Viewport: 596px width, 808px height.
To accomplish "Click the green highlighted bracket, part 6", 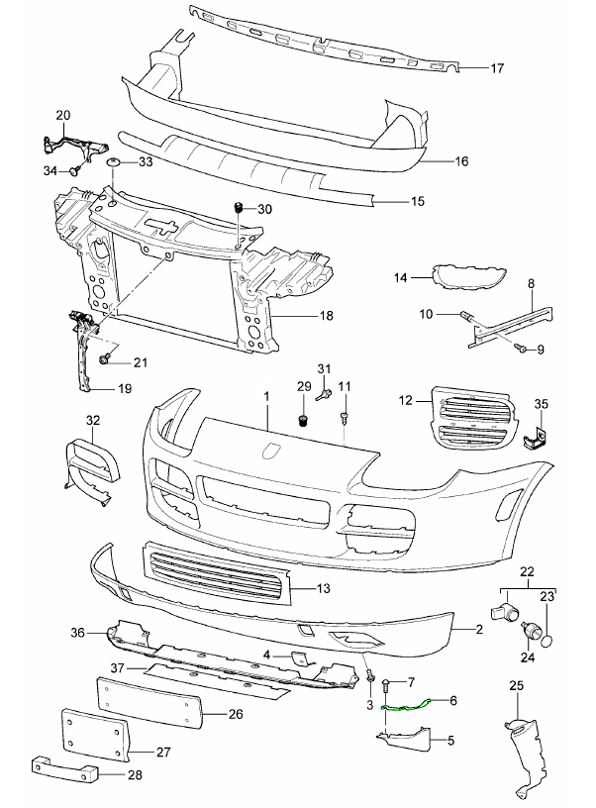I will [x=406, y=705].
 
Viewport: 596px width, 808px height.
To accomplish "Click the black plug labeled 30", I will [x=238, y=208].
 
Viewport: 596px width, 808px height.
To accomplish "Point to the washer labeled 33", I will [x=114, y=161].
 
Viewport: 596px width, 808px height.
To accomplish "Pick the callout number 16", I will [x=460, y=158].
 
